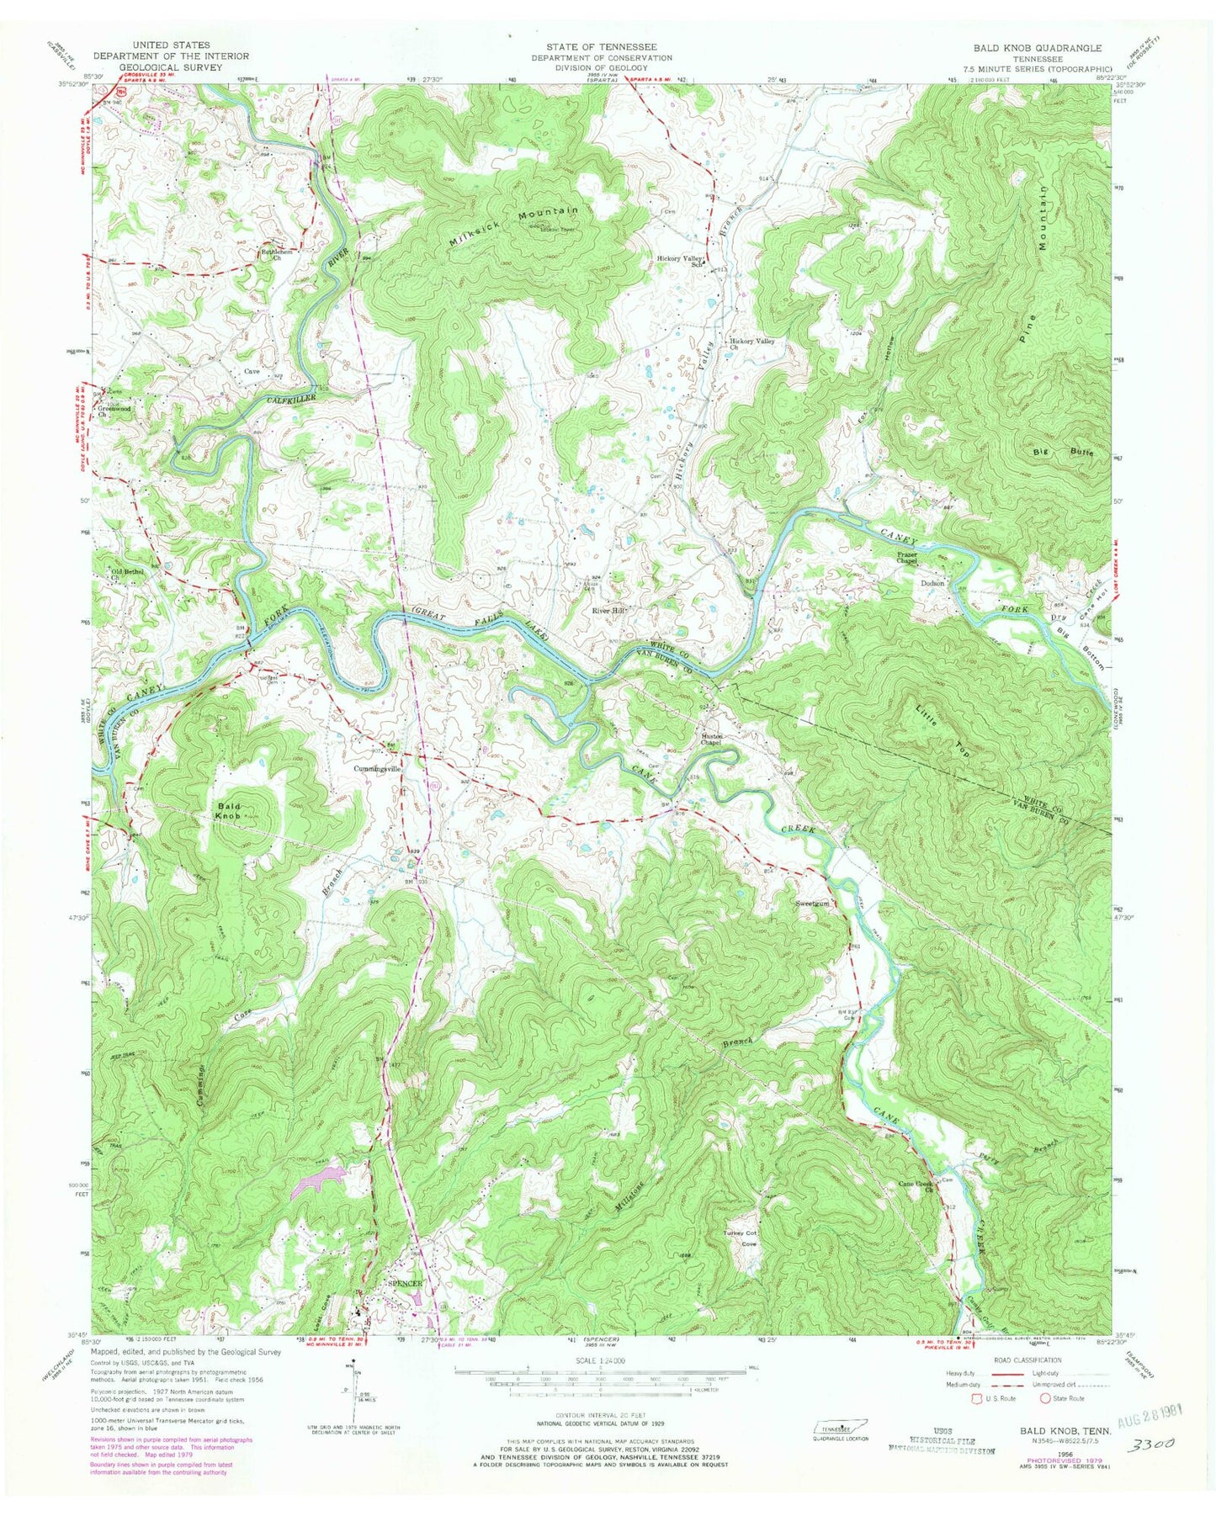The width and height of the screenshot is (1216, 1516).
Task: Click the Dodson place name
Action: pos(933,582)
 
